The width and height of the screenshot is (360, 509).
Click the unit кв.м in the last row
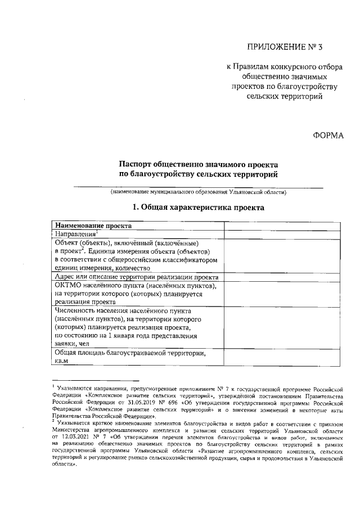61,361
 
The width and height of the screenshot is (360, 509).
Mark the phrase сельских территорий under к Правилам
285,96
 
